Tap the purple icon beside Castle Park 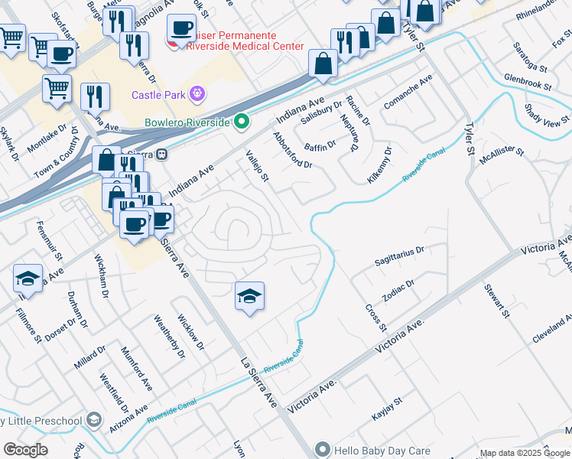[x=197, y=94]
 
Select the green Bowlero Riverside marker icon [x=242, y=122]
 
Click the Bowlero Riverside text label [x=187, y=122]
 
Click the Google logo [x=25, y=450]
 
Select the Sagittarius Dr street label [x=399, y=256]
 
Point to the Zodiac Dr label [x=398, y=292]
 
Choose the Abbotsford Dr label [x=292, y=150]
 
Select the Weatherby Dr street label [x=170, y=337]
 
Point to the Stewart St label [x=496, y=301]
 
